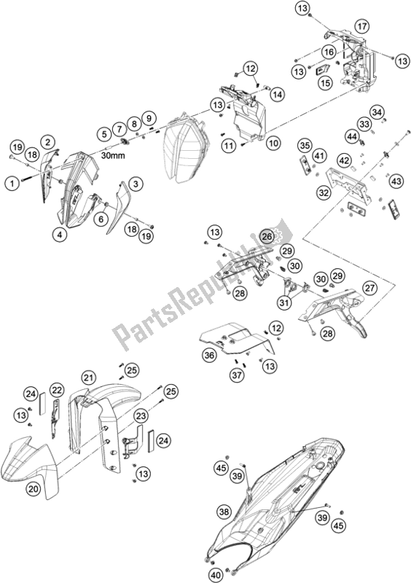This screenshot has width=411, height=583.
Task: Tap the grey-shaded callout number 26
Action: point(267,236)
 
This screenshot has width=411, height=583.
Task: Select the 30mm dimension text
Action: point(113,155)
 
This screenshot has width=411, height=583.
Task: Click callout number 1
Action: point(12,184)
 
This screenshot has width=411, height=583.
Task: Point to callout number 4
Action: point(60,234)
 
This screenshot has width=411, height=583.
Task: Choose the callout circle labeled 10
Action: point(273,143)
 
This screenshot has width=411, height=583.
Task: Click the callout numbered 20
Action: point(34,488)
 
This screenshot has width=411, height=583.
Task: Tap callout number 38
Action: point(224,512)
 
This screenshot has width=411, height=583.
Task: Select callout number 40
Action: point(218,575)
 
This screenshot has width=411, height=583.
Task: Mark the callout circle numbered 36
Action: point(209,355)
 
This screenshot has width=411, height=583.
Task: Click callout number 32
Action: point(324,192)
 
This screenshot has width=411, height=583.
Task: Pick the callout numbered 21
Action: point(88,378)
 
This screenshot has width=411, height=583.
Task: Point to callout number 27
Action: point(369,288)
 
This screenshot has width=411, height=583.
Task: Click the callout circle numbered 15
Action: point(325,82)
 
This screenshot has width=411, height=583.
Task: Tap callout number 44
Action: point(351,137)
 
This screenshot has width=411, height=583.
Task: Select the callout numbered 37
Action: point(237,375)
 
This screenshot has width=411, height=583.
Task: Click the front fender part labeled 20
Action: point(30,466)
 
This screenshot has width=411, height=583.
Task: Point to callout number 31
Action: point(284,303)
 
